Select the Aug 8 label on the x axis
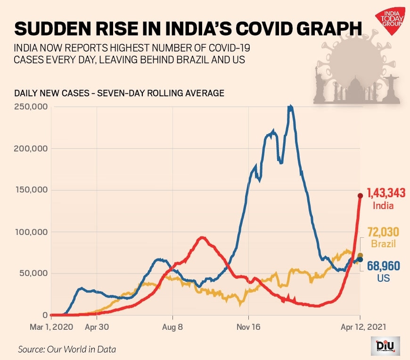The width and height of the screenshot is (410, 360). pos(173,326)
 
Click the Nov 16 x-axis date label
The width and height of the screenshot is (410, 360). pos(249,326)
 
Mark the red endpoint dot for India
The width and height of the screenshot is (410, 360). pos(361,195)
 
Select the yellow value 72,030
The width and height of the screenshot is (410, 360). pos(383,233)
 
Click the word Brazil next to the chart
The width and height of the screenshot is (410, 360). pos(383,244)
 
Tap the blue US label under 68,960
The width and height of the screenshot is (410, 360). pos(383,279)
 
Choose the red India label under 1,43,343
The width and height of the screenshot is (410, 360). pos(383,206)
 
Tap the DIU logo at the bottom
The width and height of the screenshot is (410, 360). pos(385,346)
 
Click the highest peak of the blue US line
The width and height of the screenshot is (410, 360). pos(291,108)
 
